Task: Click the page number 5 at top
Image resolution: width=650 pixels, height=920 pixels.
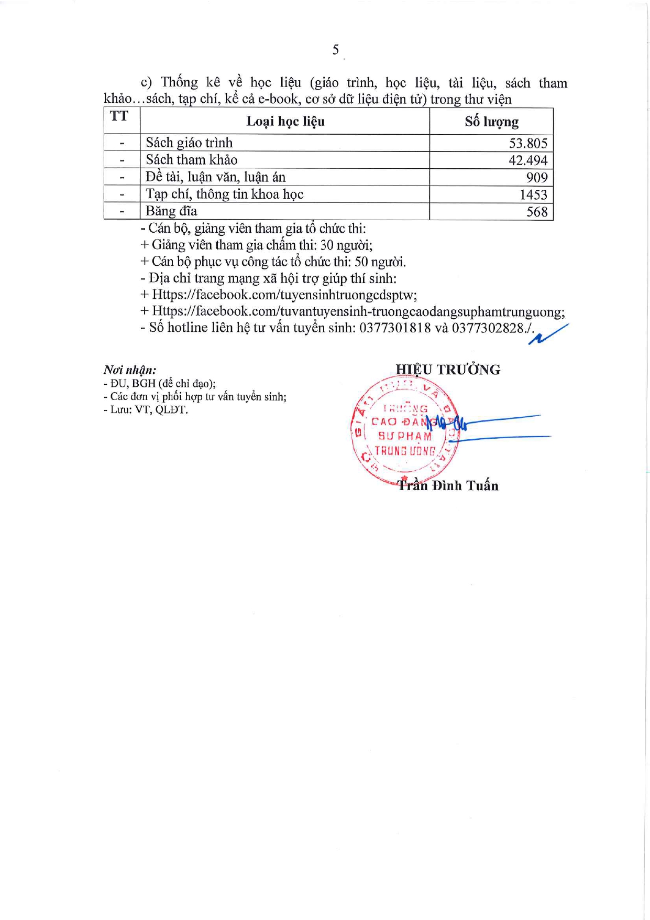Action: pyautogui.click(x=335, y=50)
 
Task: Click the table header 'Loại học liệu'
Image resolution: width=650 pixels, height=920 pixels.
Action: pyautogui.click(x=285, y=122)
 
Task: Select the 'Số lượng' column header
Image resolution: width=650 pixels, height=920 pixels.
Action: pyautogui.click(x=491, y=122)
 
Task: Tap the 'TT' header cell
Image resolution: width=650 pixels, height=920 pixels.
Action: pyautogui.click(x=119, y=116)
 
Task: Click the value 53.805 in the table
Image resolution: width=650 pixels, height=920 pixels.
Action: pyautogui.click(x=528, y=143)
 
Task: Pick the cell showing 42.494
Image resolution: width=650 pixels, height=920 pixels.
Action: pyautogui.click(x=528, y=160)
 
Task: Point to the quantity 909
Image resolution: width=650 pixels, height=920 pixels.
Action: pyautogui.click(x=537, y=178)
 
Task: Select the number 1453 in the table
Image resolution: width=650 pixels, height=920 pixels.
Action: pyautogui.click(x=533, y=194)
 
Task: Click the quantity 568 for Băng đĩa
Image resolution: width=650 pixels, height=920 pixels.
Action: pyautogui.click(x=537, y=212)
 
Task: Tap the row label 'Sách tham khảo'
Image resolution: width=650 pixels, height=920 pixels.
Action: pyautogui.click(x=191, y=160)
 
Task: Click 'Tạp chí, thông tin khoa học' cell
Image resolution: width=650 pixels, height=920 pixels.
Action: pyautogui.click(x=224, y=194)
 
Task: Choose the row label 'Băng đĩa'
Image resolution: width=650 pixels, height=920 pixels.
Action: pyautogui.click(x=171, y=211)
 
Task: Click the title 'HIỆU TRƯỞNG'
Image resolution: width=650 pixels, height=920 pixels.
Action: pyautogui.click(x=448, y=370)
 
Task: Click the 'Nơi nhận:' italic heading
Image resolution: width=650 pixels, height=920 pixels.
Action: pyautogui.click(x=130, y=370)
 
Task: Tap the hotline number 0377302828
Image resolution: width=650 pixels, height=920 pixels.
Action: pyautogui.click(x=488, y=328)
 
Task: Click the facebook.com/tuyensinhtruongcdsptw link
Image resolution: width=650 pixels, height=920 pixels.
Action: pyautogui.click(x=284, y=295)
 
